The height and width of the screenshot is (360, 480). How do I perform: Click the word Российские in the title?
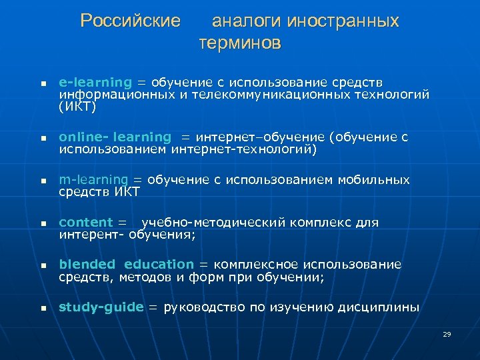(130, 21)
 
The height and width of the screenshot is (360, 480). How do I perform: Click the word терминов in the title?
(240, 45)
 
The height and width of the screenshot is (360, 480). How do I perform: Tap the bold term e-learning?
(95, 82)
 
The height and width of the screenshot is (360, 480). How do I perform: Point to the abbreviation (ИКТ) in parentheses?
(77, 106)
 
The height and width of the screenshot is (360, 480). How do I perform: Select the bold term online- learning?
(115, 137)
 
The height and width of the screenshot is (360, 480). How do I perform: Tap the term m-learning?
(93, 180)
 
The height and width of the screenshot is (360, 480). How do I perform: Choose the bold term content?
(85, 223)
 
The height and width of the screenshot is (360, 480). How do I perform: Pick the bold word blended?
(87, 265)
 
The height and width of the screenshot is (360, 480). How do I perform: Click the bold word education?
(159, 265)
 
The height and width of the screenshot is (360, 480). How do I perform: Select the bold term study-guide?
(101, 307)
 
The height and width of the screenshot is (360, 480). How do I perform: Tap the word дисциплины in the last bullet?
(381, 307)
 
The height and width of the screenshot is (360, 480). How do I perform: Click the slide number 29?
(447, 333)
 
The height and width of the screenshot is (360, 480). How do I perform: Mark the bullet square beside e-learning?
(41, 85)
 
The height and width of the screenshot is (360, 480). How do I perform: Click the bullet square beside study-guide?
(41, 309)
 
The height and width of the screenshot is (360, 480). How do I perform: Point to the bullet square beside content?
(41, 225)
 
